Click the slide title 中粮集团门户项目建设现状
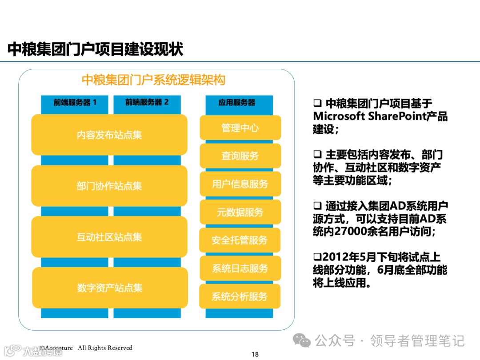(x=96, y=50)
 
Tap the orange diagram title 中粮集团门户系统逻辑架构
(x=154, y=80)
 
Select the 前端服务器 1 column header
(x=75, y=103)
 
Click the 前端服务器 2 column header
(x=147, y=103)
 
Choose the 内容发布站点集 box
(x=109, y=135)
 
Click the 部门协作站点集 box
(x=109, y=186)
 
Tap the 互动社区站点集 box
(x=109, y=237)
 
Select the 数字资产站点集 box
(x=110, y=288)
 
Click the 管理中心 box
(x=240, y=128)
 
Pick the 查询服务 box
(x=240, y=156)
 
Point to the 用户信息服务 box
(x=240, y=184)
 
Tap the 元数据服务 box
(x=240, y=212)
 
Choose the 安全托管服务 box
(x=240, y=240)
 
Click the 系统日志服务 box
(x=240, y=268)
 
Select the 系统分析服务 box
(x=240, y=296)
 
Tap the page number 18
(x=255, y=354)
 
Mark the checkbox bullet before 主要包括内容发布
(x=317, y=155)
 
